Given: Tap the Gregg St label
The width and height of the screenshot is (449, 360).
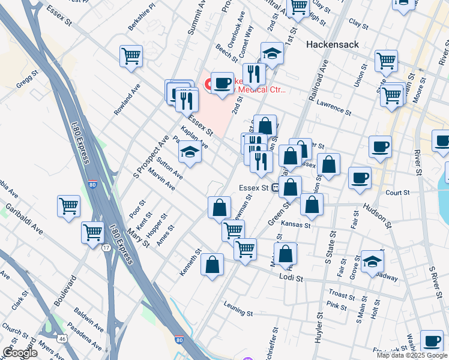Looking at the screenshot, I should click(28, 80).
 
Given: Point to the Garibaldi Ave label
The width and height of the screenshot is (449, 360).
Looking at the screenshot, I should click(25, 219).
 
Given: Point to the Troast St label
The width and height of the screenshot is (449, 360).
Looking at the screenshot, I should click(343, 295).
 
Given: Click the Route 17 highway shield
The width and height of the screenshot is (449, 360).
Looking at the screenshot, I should click(106, 247).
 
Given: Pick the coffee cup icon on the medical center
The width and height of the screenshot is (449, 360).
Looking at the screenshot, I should click(222, 82).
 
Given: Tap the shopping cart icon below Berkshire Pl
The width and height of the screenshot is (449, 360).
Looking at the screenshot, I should click(131, 56).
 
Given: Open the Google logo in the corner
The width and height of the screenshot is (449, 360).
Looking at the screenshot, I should click(20, 353).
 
